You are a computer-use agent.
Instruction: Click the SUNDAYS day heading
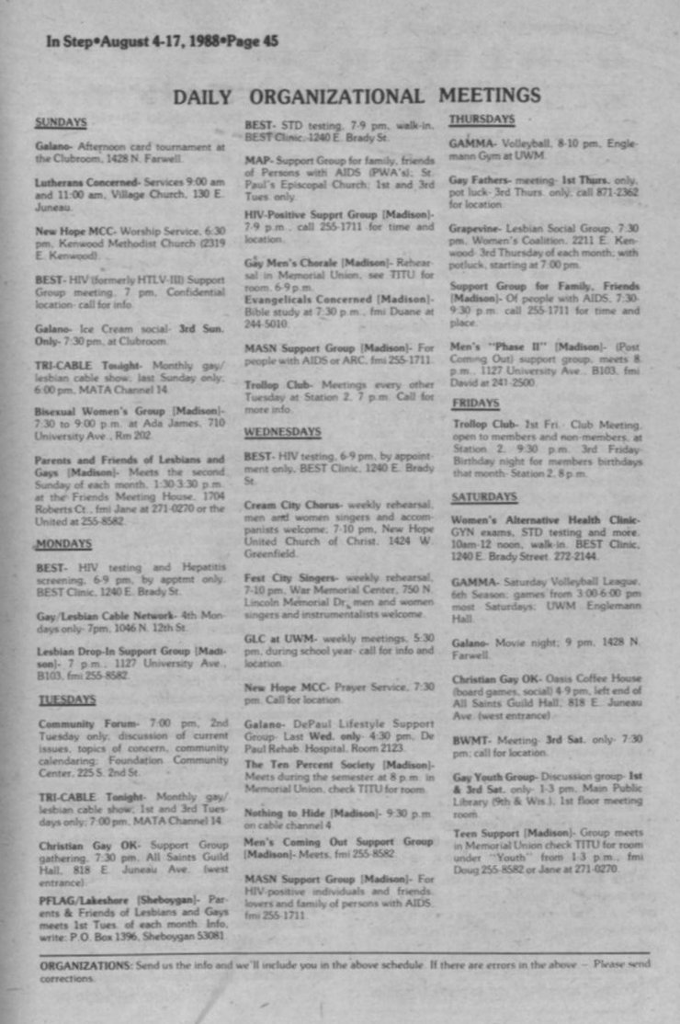(x=61, y=121)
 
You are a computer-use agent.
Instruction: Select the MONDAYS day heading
(x=63, y=544)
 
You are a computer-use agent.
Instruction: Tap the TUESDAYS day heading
(x=66, y=700)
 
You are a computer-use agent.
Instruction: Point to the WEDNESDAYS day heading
(x=282, y=430)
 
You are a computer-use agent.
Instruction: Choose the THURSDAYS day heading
(x=482, y=119)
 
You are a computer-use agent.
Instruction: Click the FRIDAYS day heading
(x=476, y=403)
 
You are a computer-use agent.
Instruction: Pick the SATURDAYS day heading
(x=484, y=496)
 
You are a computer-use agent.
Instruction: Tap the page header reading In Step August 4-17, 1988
(x=162, y=40)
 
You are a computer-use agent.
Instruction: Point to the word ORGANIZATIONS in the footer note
(x=85, y=964)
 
